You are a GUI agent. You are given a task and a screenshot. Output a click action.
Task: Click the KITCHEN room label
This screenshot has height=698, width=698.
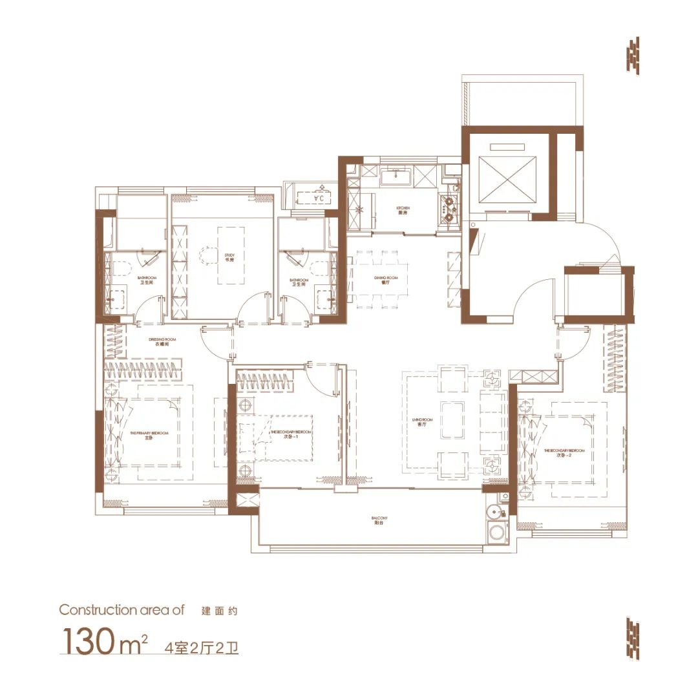pyautogui.click(x=403, y=210)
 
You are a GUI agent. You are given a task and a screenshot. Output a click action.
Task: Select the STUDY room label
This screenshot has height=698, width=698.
pyautogui.click(x=229, y=257)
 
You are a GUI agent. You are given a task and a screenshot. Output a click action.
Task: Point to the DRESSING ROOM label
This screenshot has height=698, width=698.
pyautogui.click(x=162, y=341)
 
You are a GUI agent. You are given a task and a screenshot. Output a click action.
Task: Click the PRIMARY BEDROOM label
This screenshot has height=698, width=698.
pyautogui.click(x=149, y=435)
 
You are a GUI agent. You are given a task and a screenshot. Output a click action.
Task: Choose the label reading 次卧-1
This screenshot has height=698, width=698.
pyautogui.click(x=290, y=434)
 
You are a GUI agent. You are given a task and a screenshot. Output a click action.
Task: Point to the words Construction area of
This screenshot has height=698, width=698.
pyautogui.click(x=122, y=609)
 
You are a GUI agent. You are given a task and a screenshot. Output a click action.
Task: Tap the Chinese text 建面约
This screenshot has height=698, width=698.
pyautogui.click(x=220, y=610)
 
